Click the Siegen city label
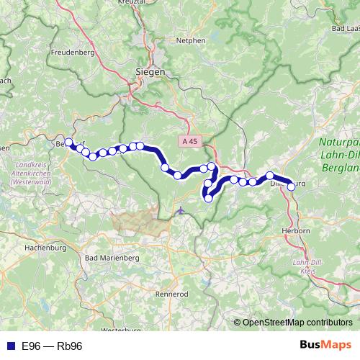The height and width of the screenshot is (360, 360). tap(150, 72)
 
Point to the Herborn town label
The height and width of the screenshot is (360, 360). tap(296, 230)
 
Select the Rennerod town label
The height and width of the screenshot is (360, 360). tap(171, 294)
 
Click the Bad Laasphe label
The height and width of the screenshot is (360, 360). tap(344, 28)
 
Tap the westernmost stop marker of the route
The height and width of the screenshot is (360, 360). tap(68, 142)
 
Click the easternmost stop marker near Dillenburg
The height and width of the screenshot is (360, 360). tap(292, 186)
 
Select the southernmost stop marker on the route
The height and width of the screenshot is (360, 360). tap(208, 199)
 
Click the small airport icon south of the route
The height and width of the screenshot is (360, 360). tap(179, 211)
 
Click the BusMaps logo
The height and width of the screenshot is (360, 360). tap(325, 346)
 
